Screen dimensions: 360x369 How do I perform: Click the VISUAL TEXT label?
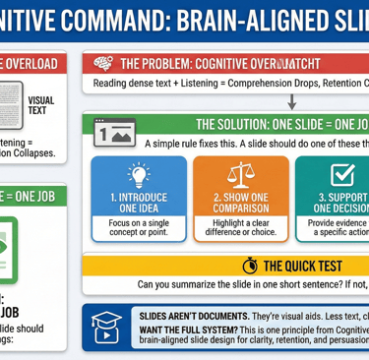(42, 105)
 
